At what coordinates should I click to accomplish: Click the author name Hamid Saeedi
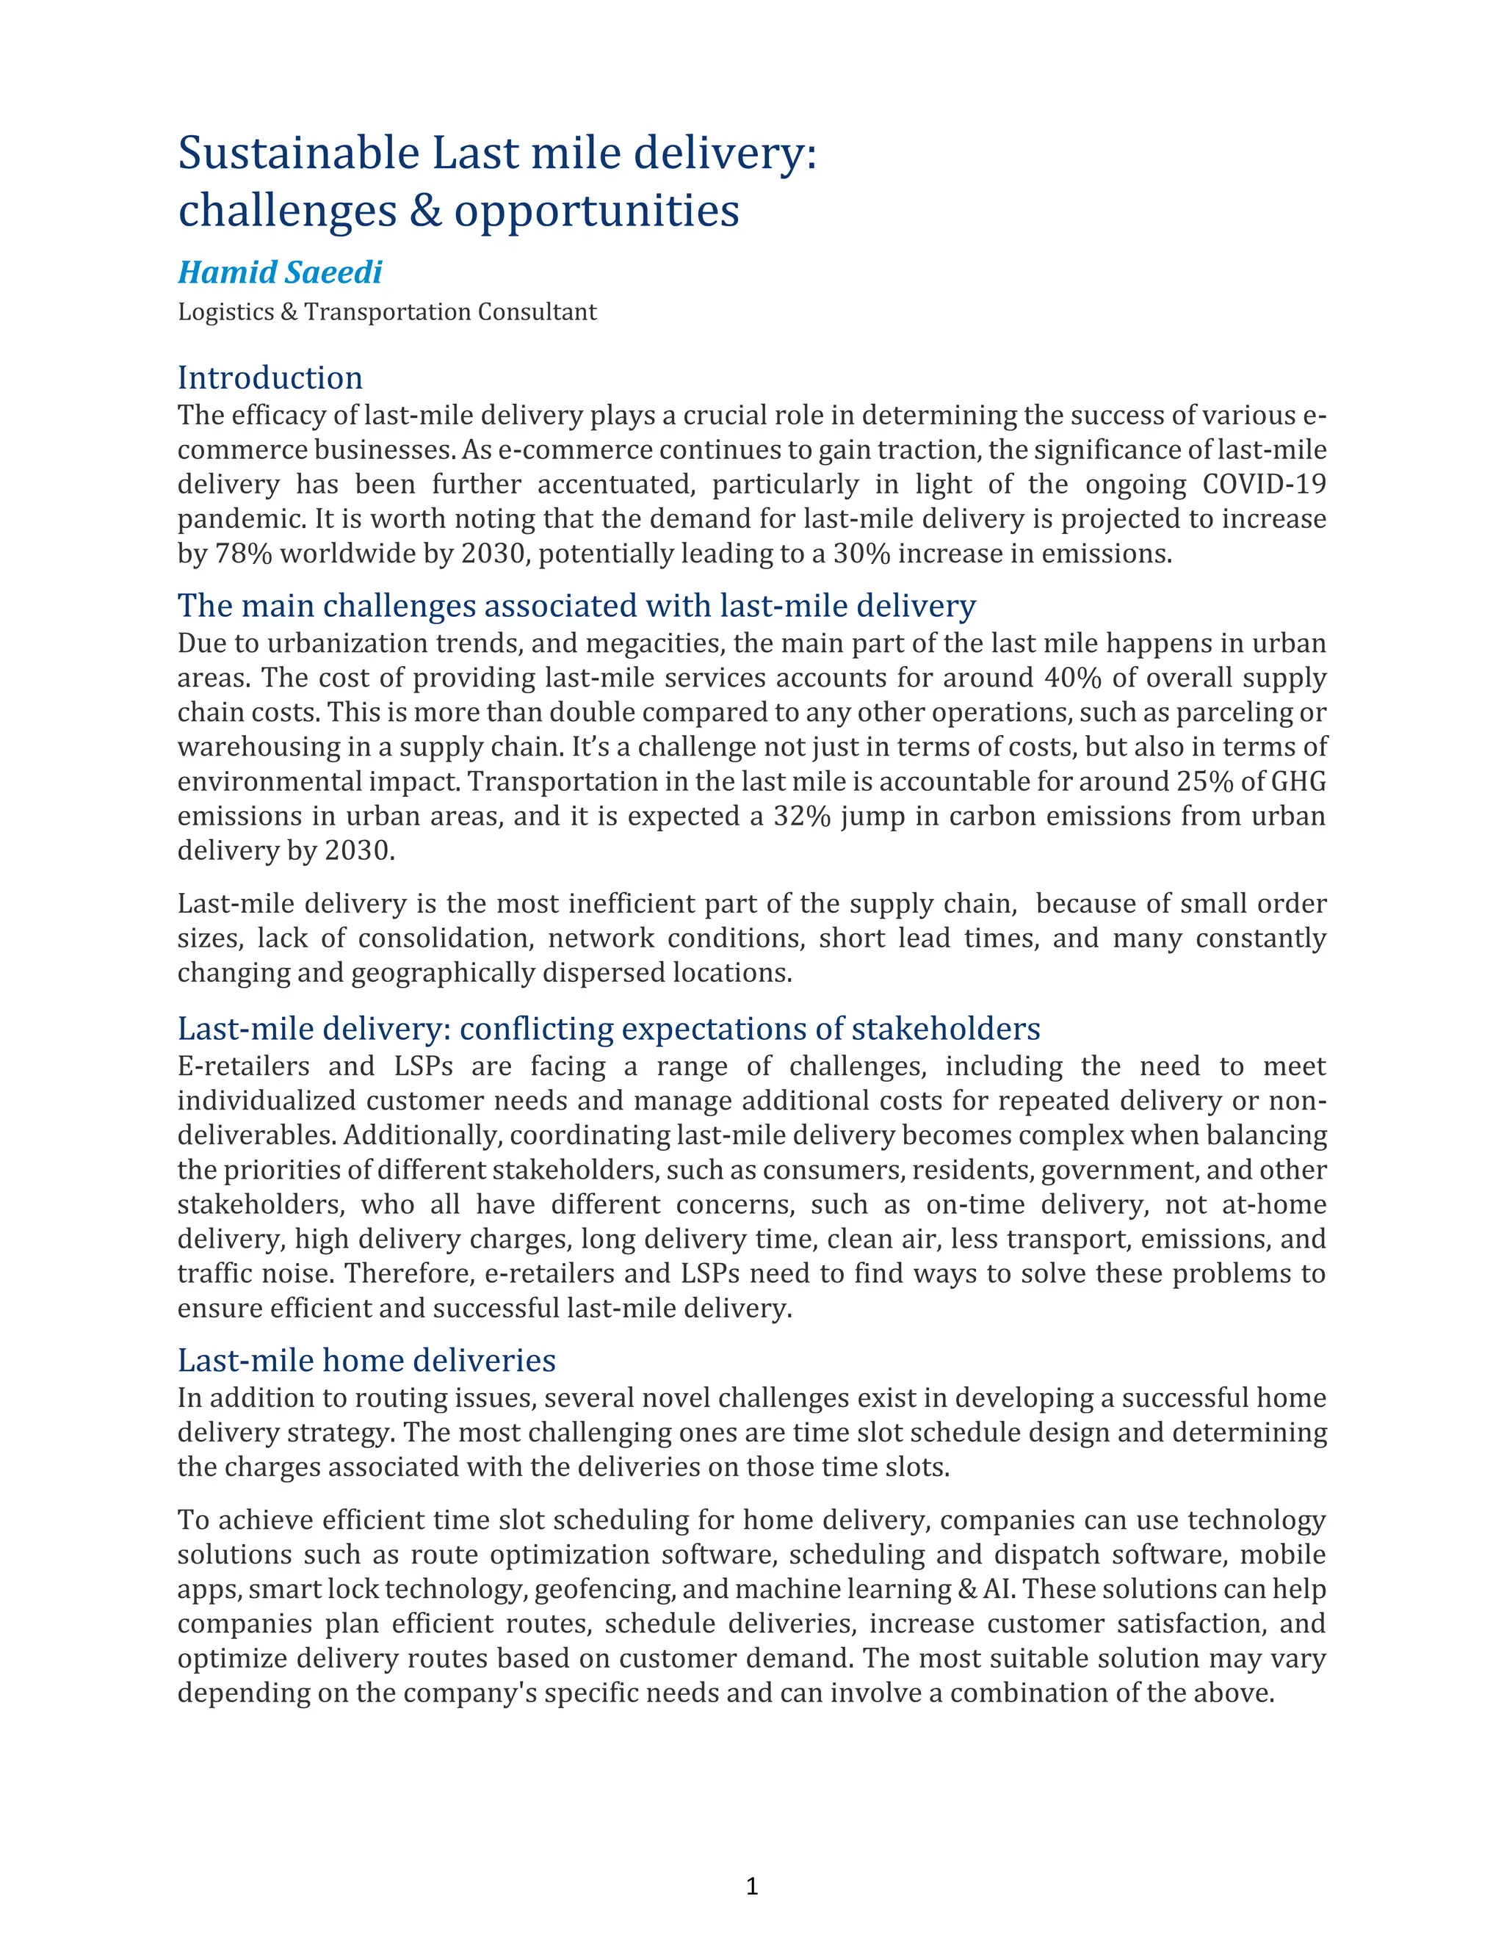coord(280,272)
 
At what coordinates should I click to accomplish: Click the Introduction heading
coord(270,377)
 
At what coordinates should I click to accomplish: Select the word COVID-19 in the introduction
coord(1263,485)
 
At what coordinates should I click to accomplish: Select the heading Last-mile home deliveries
coord(366,1361)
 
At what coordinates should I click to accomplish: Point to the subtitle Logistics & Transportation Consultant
coord(387,312)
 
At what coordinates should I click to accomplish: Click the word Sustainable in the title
coord(298,153)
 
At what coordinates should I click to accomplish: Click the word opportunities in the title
coord(596,211)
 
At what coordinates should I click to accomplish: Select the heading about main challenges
coord(576,606)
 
